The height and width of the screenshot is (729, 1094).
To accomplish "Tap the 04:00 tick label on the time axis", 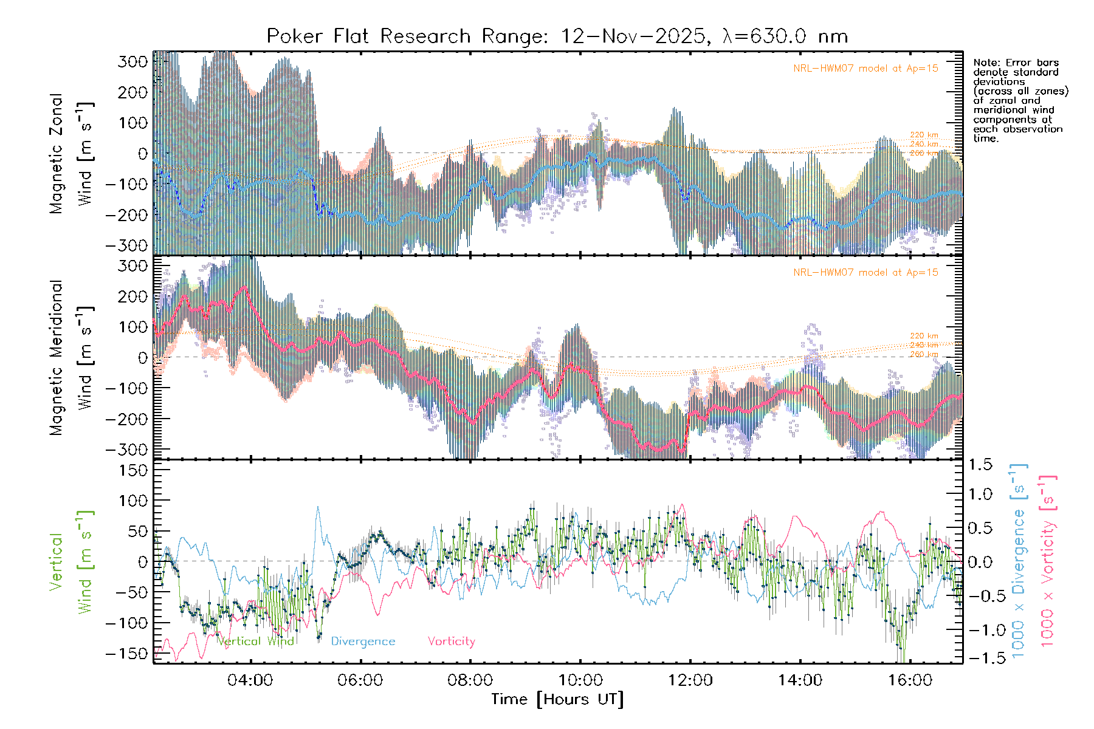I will click(x=250, y=680).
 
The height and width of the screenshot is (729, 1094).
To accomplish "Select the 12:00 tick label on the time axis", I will click(x=690, y=680).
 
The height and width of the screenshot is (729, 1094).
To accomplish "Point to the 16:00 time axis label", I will click(x=910, y=680).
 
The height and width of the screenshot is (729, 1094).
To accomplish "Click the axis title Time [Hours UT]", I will click(x=557, y=699).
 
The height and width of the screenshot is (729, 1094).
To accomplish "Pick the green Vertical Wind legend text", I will click(x=255, y=641).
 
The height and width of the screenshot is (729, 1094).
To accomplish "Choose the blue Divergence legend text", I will click(x=363, y=641).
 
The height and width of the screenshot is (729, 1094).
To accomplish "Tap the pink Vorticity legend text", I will click(x=451, y=641).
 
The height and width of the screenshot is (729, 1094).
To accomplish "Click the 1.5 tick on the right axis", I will click(x=980, y=465).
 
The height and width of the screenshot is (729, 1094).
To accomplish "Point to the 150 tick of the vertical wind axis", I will click(x=133, y=470).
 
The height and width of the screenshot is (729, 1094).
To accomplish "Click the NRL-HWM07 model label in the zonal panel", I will click(x=865, y=69).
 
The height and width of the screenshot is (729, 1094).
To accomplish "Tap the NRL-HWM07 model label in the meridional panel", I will click(x=865, y=273).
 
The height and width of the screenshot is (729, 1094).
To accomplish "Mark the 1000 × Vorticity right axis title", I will click(x=1047, y=561).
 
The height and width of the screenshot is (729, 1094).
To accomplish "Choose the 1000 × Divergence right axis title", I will click(x=1019, y=561).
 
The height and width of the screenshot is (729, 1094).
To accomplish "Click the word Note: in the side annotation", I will click(x=986, y=63).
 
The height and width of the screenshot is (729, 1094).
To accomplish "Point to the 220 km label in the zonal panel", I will click(x=924, y=135).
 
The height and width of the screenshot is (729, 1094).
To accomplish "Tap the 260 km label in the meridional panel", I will click(x=924, y=354).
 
